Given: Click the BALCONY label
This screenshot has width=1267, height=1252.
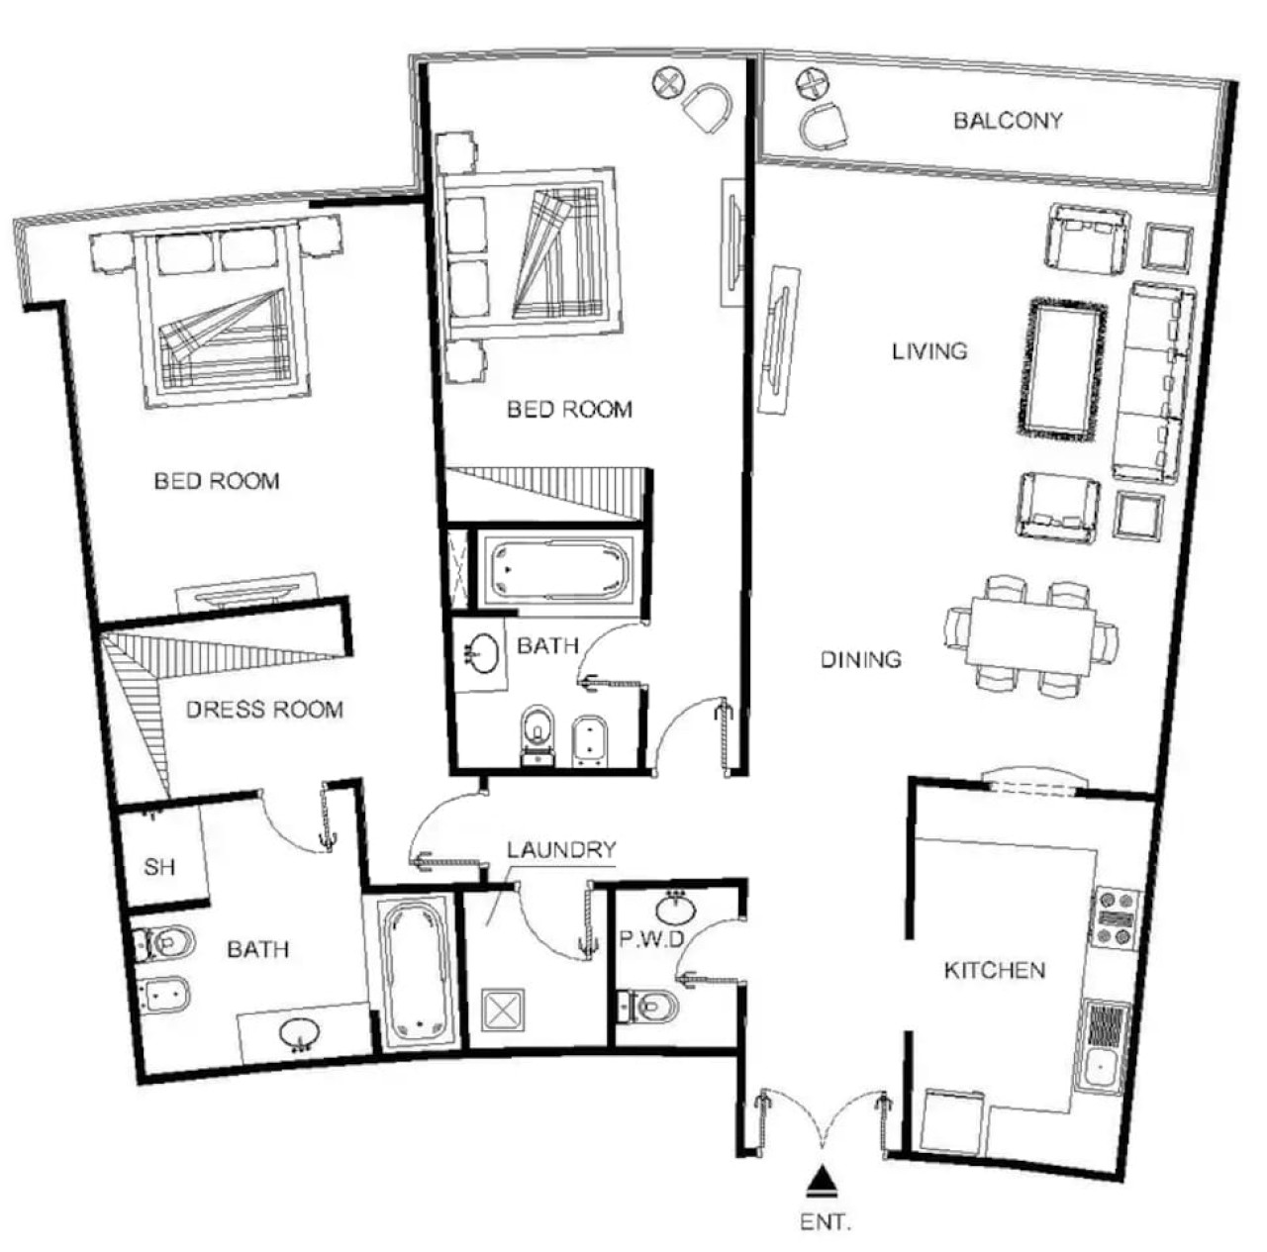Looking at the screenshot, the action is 1008,121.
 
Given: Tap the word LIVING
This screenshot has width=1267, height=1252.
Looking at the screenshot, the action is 929,351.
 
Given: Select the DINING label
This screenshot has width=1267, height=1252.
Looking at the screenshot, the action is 860,659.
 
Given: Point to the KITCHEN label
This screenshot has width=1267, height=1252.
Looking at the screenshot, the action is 994,970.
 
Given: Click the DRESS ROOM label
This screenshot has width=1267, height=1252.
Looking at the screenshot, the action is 264,710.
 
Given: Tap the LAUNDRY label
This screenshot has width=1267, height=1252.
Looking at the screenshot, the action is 561,849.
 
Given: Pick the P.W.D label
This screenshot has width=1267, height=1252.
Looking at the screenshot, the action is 652,939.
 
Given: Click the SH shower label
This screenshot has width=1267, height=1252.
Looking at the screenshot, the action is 159,867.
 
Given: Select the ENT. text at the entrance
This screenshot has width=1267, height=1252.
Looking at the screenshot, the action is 826,1222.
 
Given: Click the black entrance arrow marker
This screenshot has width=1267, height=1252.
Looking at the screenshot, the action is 822,1181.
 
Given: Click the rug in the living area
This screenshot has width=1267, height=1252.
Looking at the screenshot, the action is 1061,367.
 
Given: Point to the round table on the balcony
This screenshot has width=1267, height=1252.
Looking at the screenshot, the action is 814,85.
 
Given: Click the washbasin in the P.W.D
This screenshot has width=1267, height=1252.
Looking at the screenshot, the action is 675,910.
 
